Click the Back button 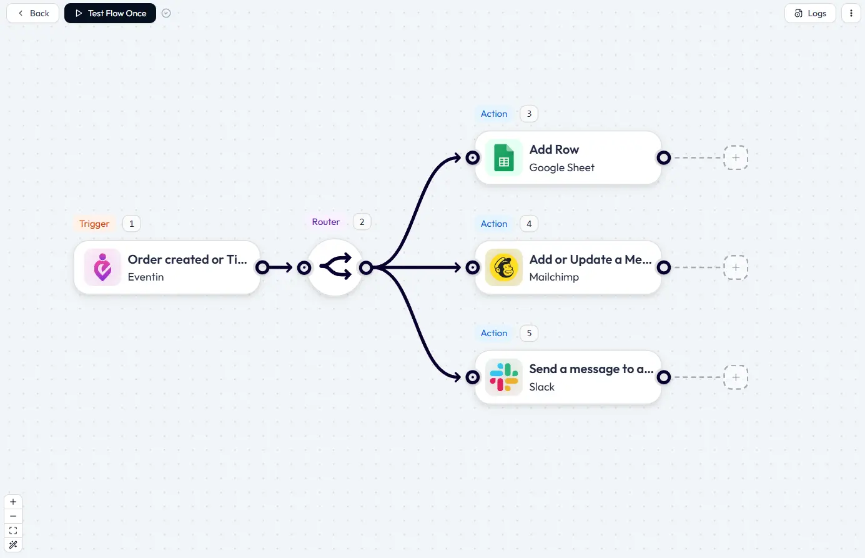[33, 13]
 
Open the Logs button [810, 13]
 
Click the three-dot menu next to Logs [851, 13]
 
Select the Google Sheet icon [503, 158]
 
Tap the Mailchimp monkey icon [503, 267]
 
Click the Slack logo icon [503, 377]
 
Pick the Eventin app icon [102, 267]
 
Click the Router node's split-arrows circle [335, 267]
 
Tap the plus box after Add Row [736, 158]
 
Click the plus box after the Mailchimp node [736, 267]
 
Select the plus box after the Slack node [736, 377]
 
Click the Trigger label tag [94, 224]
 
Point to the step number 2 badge [362, 222]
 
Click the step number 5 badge [529, 333]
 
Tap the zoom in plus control [13, 502]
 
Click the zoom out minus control [13, 516]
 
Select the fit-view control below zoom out [13, 531]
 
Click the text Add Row [554, 149]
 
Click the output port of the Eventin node [263, 267]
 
